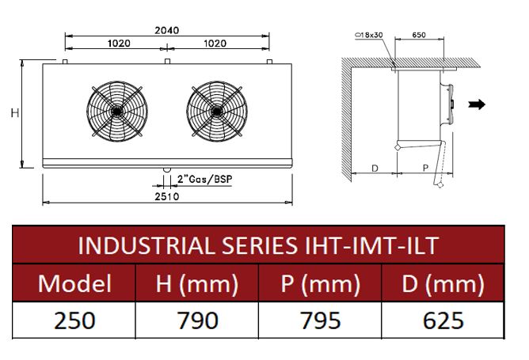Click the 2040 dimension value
[166, 30]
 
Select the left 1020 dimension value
[119, 44]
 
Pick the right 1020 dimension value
[215, 44]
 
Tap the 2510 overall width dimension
[167, 196]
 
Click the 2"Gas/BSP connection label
[205, 180]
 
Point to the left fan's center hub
[116, 111]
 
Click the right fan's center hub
[217, 111]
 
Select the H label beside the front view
[15, 113]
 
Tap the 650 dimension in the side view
[419, 35]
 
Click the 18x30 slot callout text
[369, 35]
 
